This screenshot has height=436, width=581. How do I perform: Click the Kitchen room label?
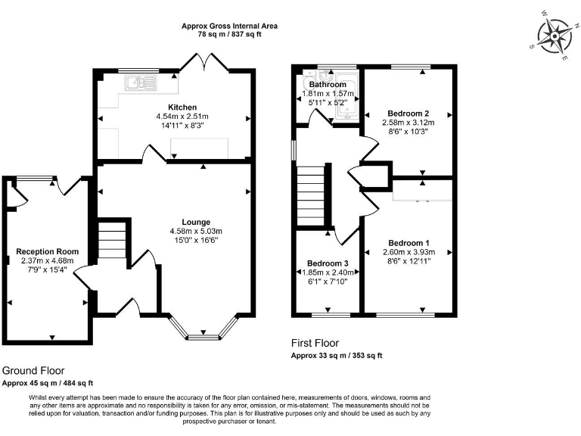182,107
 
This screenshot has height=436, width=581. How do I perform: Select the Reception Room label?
47,251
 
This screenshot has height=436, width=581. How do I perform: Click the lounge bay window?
200,327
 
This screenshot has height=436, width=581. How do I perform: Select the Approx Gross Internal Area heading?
229,26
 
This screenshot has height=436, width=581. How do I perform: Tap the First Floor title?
315,343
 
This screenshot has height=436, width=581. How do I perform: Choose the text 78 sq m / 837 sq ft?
229,35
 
